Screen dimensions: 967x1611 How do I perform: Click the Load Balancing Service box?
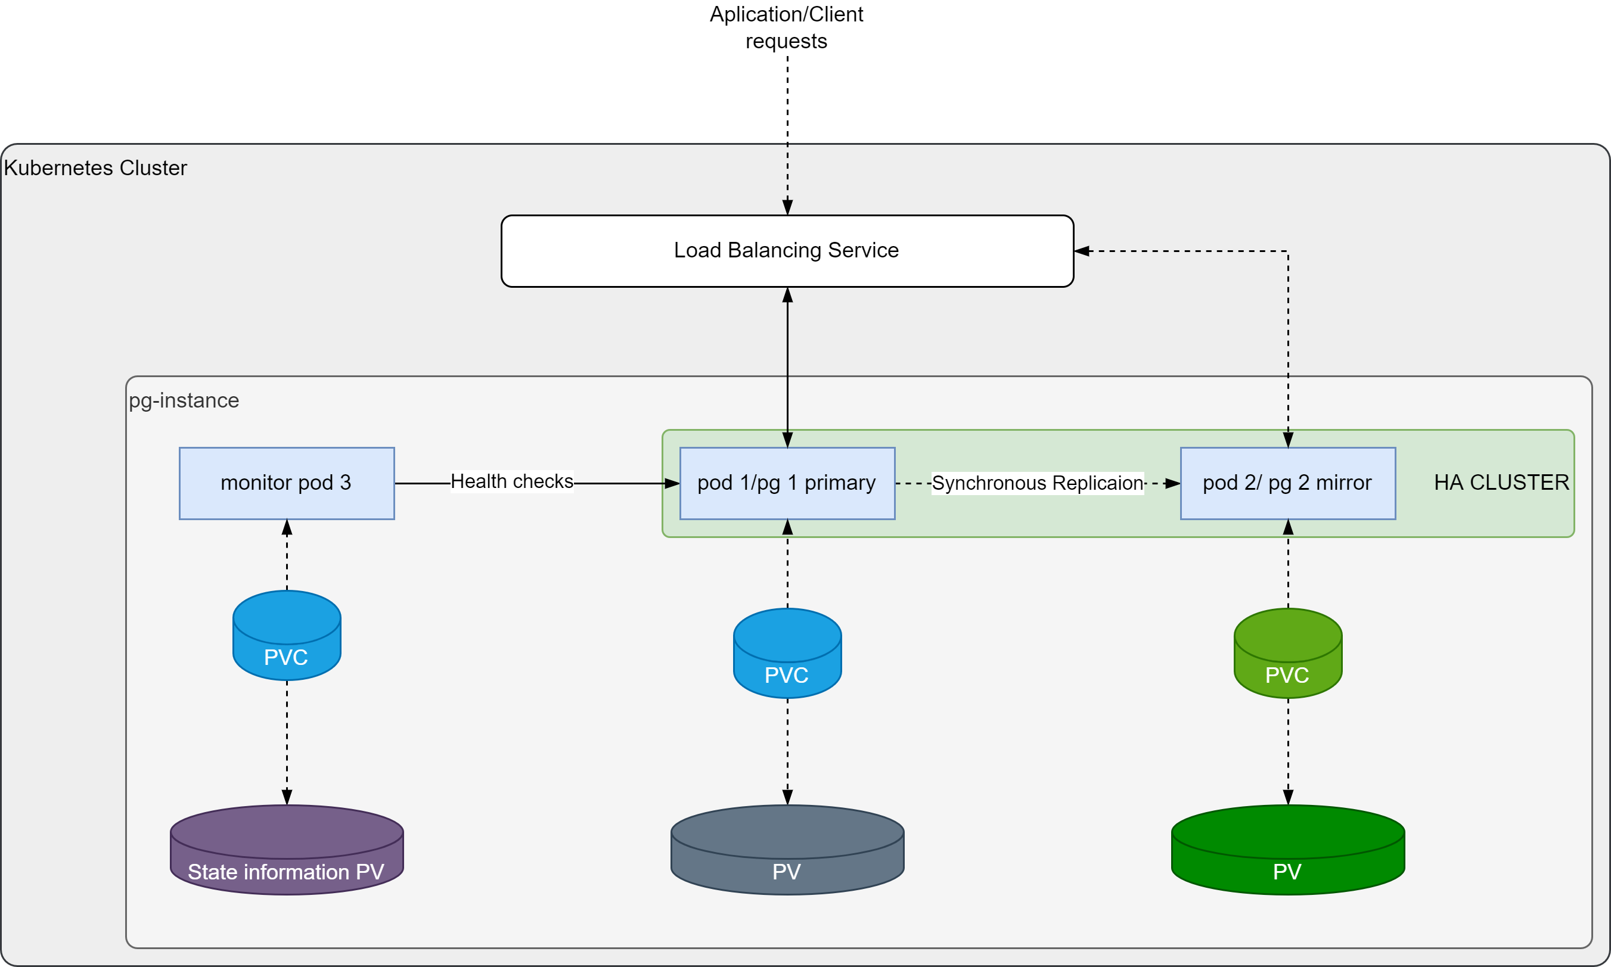click(x=787, y=251)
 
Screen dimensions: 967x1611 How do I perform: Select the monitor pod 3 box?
click(x=286, y=483)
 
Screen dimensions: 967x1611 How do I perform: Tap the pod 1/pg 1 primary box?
click(x=787, y=483)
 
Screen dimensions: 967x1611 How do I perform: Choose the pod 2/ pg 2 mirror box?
click(x=1287, y=483)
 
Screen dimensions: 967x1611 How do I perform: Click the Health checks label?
click(x=511, y=481)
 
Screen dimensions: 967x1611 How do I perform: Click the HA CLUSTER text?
click(x=1501, y=482)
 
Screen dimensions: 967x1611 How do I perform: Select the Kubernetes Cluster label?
click(x=95, y=168)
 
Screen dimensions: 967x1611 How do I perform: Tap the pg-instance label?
click(x=184, y=400)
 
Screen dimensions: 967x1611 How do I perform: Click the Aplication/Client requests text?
click(x=786, y=27)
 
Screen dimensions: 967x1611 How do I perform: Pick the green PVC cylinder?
click(x=1287, y=654)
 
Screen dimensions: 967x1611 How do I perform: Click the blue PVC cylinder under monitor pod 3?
click(x=286, y=636)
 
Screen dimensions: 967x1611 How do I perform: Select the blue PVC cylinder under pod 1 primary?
click(x=787, y=654)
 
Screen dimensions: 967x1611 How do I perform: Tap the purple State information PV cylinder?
click(x=286, y=850)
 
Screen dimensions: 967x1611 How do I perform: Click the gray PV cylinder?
click(x=787, y=850)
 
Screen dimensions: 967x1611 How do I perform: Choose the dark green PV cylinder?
click(x=1287, y=850)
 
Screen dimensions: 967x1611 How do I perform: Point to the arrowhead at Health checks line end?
click(x=672, y=484)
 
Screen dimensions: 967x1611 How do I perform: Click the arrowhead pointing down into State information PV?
click(x=287, y=797)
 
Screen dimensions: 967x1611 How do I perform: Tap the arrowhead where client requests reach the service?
click(x=787, y=207)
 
